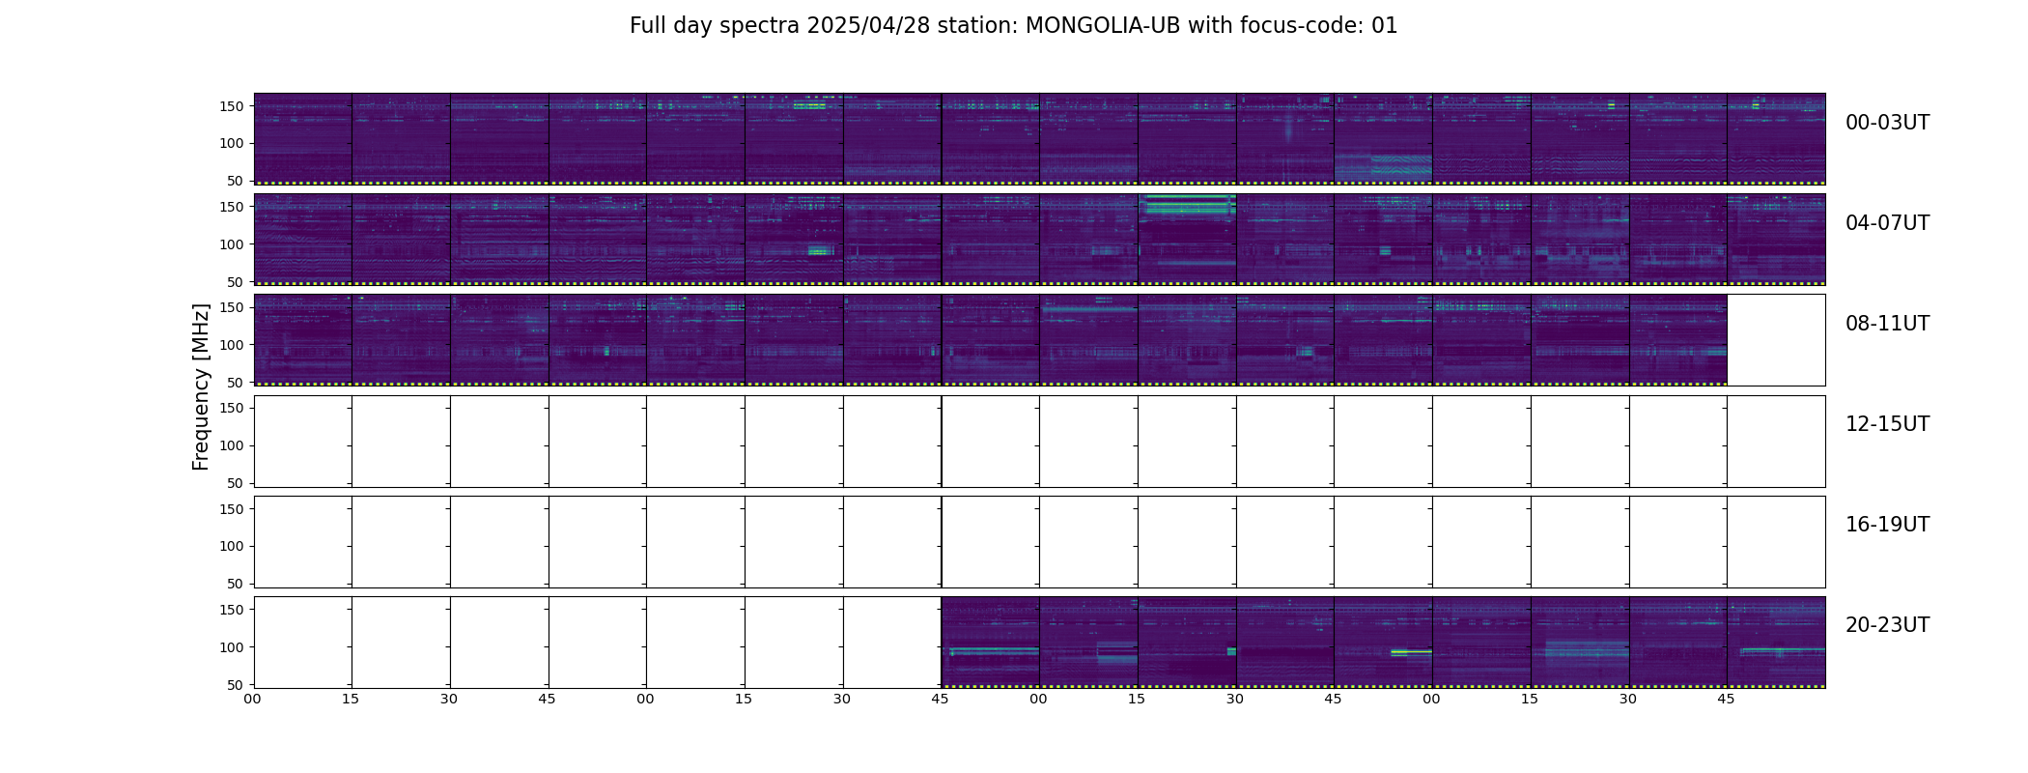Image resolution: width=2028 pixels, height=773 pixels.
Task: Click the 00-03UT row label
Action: tap(1887, 123)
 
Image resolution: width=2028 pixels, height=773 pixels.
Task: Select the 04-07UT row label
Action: tap(1887, 223)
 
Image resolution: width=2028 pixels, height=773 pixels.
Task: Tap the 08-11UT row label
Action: tap(1887, 324)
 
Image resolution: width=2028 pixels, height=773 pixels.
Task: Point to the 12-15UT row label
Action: tap(1887, 424)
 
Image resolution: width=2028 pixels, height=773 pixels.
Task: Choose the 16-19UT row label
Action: tap(1887, 525)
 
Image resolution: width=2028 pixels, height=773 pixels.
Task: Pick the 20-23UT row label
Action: tap(1887, 625)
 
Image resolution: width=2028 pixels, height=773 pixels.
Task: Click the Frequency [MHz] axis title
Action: tap(201, 386)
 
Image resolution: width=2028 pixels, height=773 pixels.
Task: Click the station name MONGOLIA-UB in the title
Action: tap(1103, 26)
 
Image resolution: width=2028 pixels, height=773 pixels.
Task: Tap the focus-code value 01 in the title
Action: tap(1384, 26)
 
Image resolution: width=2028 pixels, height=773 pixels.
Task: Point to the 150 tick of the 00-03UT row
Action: tap(232, 106)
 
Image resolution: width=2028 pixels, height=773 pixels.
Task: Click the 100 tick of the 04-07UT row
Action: tap(232, 244)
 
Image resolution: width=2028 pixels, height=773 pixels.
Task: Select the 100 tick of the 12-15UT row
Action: tap(232, 445)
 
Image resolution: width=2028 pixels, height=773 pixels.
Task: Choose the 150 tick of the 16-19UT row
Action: tap(232, 509)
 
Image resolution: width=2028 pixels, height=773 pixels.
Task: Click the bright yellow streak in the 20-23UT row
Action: tap(1411, 652)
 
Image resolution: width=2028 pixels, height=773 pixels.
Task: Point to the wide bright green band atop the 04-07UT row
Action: tap(1187, 205)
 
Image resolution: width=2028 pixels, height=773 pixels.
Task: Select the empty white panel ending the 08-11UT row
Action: tap(1775, 340)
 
